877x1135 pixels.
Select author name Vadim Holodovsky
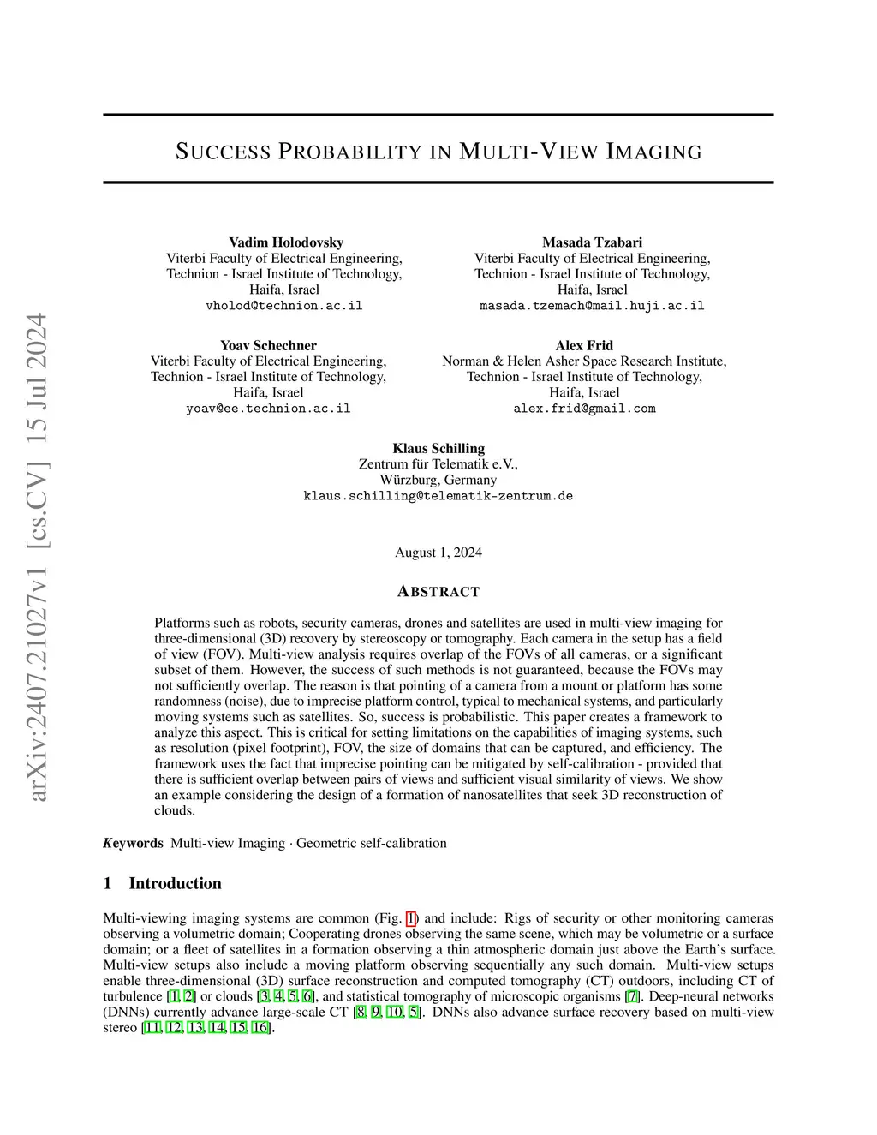click(285, 242)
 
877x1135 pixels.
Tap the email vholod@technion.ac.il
click(284, 306)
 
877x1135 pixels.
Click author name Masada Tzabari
click(592, 242)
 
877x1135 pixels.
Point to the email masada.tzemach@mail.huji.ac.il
click(592, 306)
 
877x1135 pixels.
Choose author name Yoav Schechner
click(268, 345)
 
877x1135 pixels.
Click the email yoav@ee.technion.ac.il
click(268, 409)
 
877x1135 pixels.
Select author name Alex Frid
click(584, 345)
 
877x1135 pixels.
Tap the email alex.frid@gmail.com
click(584, 409)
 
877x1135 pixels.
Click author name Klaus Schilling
click(438, 448)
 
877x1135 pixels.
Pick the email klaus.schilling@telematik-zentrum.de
click(438, 496)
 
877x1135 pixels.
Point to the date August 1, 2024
click(438, 553)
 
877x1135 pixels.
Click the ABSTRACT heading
click(438, 592)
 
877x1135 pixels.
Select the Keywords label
click(134, 843)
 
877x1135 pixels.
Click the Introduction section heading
click(175, 883)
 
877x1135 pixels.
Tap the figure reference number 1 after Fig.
click(411, 918)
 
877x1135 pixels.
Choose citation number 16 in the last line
click(260, 1027)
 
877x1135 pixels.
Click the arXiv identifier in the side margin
click(39, 557)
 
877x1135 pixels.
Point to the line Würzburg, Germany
click(438, 480)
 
